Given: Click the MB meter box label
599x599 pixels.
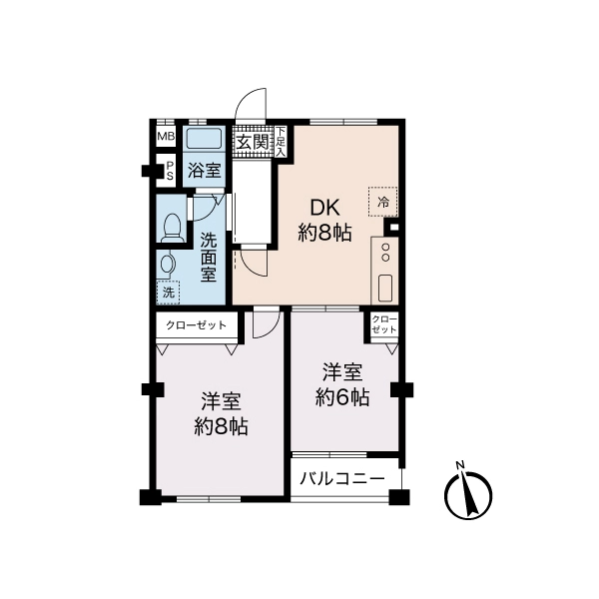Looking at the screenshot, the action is coord(166,136).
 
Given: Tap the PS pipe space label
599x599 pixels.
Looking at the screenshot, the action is coord(170,171).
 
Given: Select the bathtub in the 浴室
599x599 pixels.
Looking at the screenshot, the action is coord(204,139).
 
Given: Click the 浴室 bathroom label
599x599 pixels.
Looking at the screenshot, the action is coord(204,171).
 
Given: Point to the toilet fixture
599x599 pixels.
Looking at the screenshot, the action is coord(172,228).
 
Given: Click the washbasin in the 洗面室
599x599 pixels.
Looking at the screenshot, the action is coord(167,266).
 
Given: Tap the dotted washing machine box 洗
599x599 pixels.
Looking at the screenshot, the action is coord(168,293).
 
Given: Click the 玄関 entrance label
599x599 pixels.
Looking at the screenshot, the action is coord(253,143).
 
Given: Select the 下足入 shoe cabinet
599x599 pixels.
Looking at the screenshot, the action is coord(281,142).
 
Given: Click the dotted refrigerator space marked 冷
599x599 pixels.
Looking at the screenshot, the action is coord(382,202).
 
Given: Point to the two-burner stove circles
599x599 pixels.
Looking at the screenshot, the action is coord(385,253).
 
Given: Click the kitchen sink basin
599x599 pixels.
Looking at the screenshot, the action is coord(385,288).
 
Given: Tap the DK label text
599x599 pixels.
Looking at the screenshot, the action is coord(324,209).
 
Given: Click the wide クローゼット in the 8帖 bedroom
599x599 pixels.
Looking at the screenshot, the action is coord(196,325).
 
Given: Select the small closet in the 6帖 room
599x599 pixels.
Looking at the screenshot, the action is coord(384,324).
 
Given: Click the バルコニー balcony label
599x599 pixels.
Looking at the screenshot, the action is coord(341,478).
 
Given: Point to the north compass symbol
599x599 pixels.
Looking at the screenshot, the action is coord(469,494).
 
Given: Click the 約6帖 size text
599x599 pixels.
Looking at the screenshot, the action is coord(342,397).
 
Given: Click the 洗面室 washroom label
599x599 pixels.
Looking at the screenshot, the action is coord(209,258).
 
